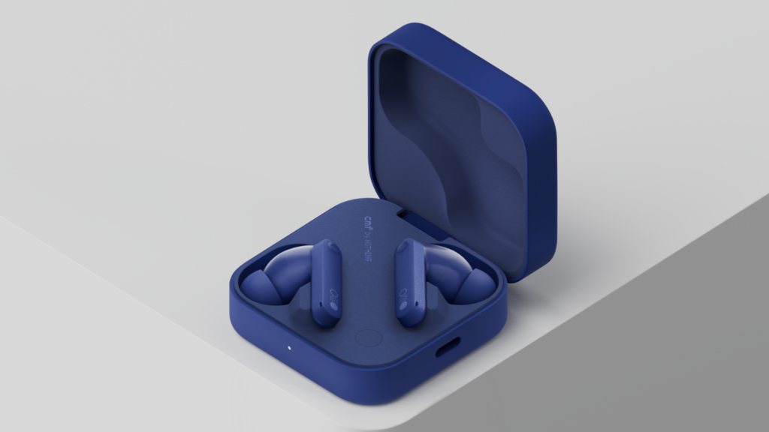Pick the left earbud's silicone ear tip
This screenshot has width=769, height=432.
click(x=258, y=286)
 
